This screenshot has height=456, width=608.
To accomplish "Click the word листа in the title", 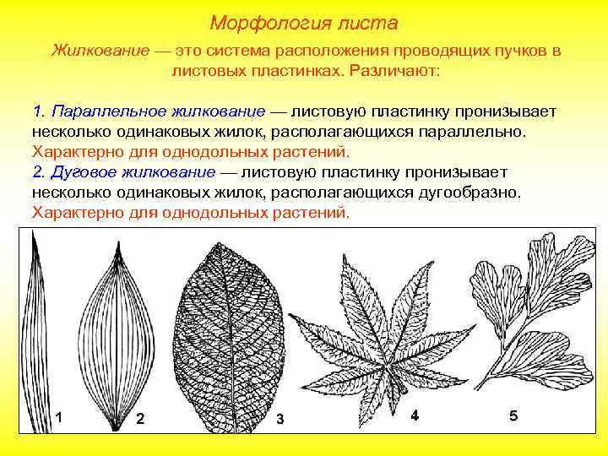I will click(370, 22).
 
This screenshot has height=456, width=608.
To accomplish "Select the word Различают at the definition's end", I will click(392, 71).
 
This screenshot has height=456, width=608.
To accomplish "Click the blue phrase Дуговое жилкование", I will click(133, 172).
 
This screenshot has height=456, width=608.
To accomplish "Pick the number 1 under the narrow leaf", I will click(57, 417).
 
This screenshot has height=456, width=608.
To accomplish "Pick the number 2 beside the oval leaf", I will click(140, 418).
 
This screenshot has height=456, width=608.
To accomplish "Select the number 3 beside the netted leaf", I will click(280, 420).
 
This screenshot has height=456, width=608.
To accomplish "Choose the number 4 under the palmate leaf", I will click(415, 415).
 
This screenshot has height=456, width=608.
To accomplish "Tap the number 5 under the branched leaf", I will click(514, 415).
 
